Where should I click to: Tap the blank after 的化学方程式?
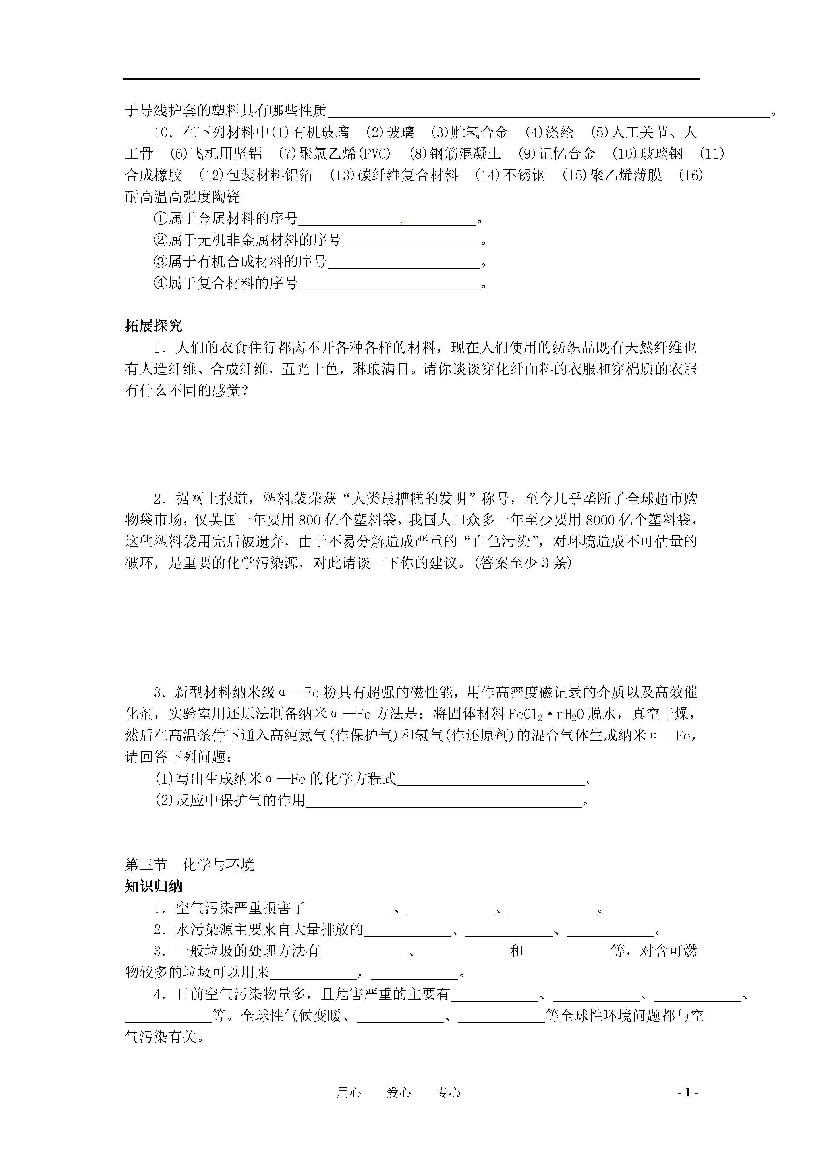pos(491,780)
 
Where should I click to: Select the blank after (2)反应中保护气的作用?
pos(444,801)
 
